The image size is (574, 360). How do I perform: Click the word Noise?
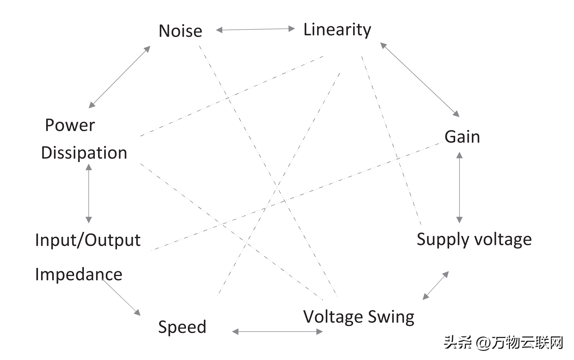tap(180, 31)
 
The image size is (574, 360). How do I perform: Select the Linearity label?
tap(337, 30)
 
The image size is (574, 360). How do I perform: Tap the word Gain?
tap(462, 137)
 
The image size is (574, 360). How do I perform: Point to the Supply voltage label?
tap(474, 239)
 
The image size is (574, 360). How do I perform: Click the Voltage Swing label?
tap(359, 317)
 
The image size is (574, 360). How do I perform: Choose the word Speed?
tap(182, 327)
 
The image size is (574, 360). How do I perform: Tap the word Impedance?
tap(79, 274)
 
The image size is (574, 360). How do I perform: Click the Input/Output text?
tap(88, 240)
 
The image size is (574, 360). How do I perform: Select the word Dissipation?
tap(84, 153)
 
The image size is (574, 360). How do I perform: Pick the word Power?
tap(70, 125)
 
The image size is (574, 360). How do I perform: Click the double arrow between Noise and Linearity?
tap(255, 29)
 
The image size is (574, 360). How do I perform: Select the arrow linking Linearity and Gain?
tap(420, 80)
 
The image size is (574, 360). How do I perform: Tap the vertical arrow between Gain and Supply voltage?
tap(459, 188)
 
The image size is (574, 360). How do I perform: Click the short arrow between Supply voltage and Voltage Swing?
tap(436, 286)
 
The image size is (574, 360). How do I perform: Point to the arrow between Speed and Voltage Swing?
tap(277, 331)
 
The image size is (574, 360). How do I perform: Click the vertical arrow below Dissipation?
tap(89, 193)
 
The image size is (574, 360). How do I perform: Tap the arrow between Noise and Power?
tap(119, 77)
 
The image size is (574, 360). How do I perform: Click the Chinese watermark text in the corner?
tap(503, 343)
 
